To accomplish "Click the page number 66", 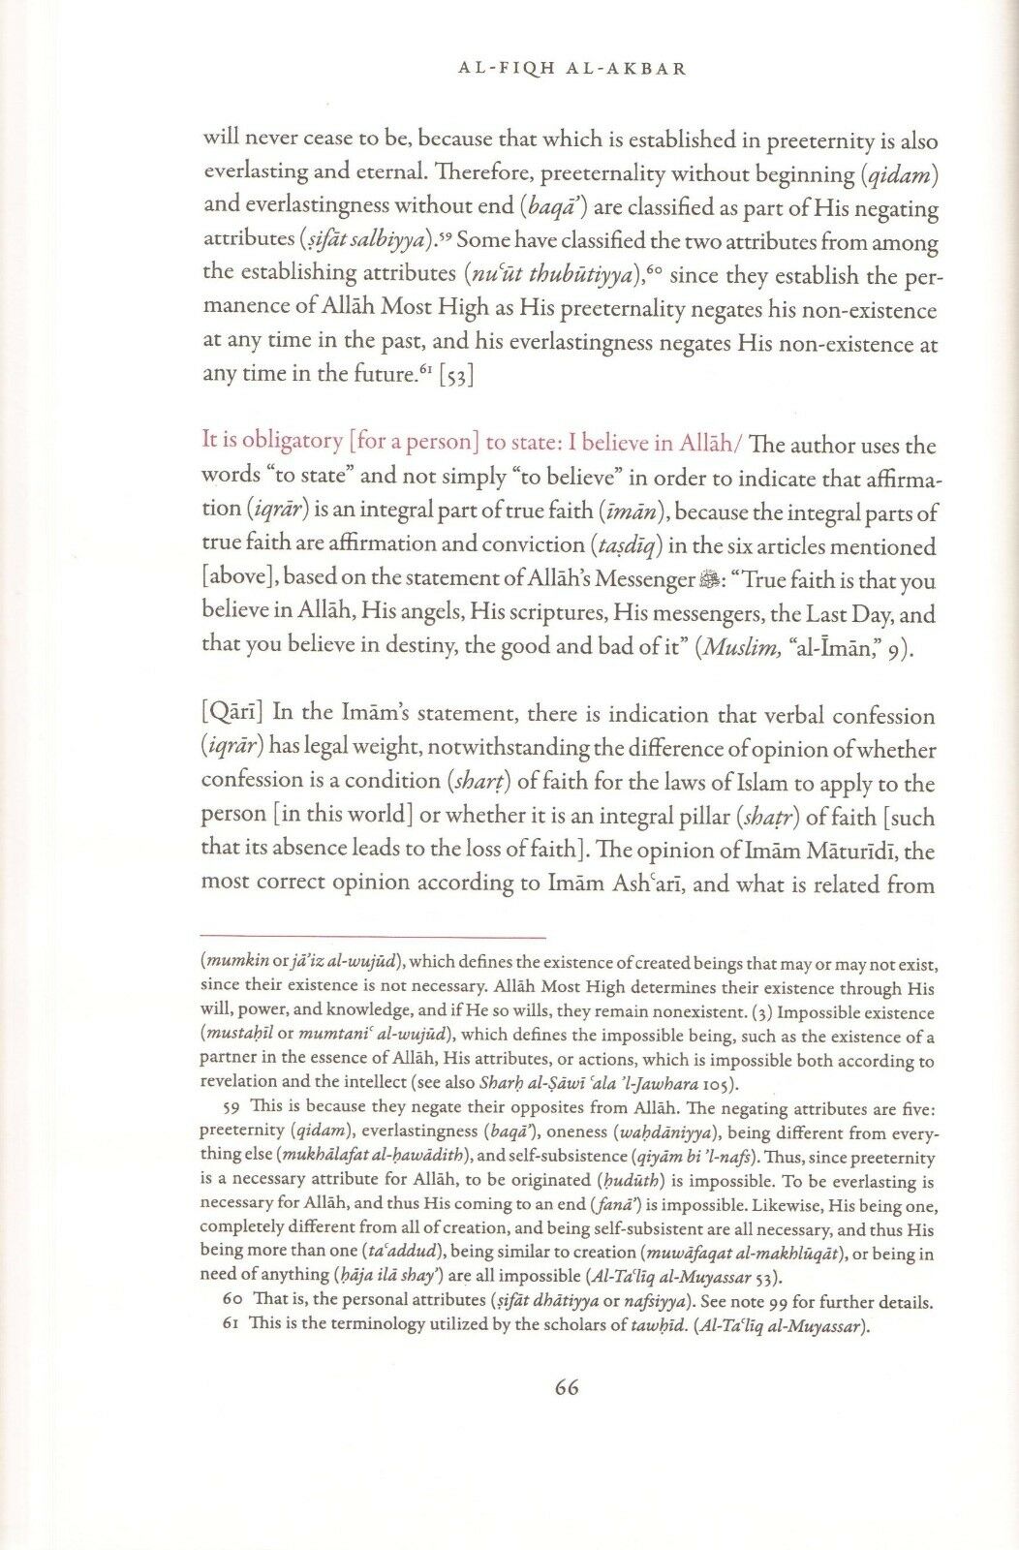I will [567, 1387].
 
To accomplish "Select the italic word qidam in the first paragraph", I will [900, 175].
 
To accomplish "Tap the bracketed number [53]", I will [456, 375].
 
